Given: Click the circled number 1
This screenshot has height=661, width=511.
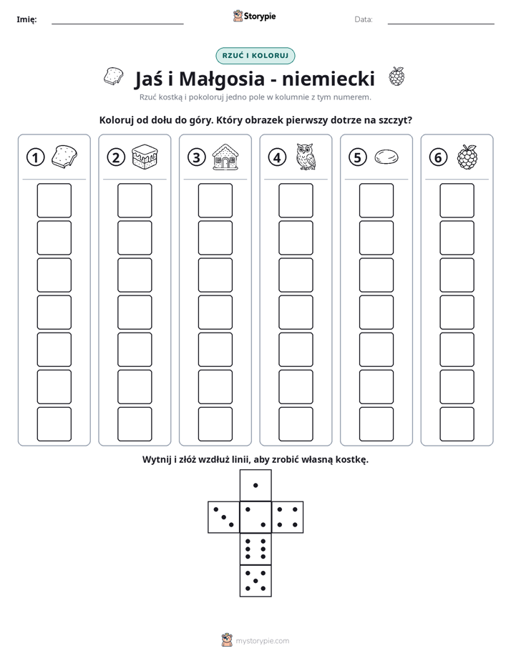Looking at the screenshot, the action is (35, 157).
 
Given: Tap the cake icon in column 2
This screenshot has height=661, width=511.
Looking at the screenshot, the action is (145, 157).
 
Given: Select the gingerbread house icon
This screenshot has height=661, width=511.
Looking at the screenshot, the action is (225, 157).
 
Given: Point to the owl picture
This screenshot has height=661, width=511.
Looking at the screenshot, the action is (306, 157).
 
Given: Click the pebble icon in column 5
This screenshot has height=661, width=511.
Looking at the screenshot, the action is (386, 157).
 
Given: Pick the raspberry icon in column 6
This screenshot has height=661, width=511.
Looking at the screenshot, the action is (467, 157).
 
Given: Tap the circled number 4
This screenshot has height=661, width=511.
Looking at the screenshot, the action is (277, 157).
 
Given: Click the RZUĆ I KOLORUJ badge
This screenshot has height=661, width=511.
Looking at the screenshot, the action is (255, 56).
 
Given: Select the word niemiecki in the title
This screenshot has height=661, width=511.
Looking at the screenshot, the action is (328, 79).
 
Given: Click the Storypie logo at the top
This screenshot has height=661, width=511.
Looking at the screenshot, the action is (254, 16).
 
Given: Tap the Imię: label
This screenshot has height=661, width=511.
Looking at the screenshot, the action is (26, 19).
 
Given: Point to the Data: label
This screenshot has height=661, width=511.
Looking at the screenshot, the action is (364, 19).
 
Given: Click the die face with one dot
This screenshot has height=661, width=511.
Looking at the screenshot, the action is (255, 485).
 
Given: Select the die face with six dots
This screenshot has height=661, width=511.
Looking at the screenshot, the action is (255, 549).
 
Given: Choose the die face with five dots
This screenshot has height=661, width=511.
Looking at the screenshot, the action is (255, 580).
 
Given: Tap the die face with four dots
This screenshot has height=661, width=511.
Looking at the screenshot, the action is (288, 516).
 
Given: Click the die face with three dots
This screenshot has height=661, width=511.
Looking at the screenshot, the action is (224, 516).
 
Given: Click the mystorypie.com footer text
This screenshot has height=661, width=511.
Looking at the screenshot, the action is (262, 641).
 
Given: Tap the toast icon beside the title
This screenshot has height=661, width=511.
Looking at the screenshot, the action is (113, 76).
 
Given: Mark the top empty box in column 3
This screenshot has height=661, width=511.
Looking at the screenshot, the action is (215, 200).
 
